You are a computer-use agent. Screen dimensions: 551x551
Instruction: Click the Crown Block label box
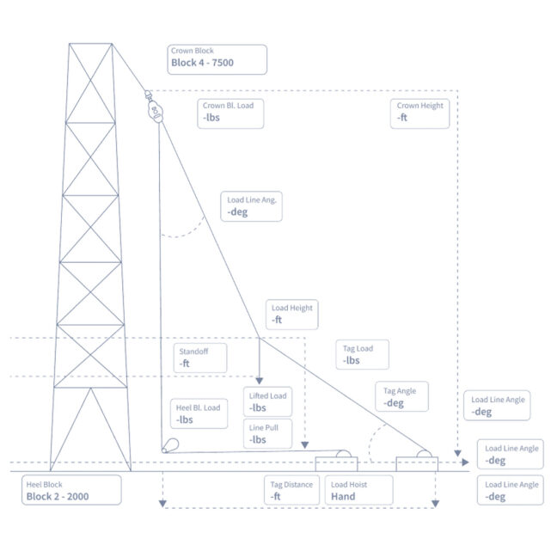pyautogui.click(x=218, y=58)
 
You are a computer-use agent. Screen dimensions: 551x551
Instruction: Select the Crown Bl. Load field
pyautogui.click(x=231, y=113)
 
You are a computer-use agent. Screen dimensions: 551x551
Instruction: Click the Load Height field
pyautogui.click(x=291, y=315)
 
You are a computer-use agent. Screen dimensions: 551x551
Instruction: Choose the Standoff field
pyautogui.click(x=200, y=358)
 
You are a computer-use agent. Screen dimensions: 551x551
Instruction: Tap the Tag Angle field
pyautogui.click(x=403, y=397)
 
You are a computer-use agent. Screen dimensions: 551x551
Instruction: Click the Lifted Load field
pyautogui.click(x=267, y=401)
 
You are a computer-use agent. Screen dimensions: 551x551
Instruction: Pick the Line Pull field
pyautogui.click(x=267, y=433)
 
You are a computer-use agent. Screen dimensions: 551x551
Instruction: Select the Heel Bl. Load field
pyautogui.click(x=199, y=413)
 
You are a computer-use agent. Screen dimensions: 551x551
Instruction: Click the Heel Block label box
pyautogui.click(x=71, y=490)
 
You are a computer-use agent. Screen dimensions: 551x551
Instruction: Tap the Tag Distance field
pyautogui.click(x=292, y=491)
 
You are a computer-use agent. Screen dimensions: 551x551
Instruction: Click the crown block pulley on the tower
pyautogui.click(x=155, y=109)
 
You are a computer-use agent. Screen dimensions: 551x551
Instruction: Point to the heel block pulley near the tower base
pyautogui.click(x=170, y=445)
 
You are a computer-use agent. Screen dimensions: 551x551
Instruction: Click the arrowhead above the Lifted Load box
pyautogui.click(x=260, y=380)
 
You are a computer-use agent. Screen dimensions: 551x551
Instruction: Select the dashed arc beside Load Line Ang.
pyautogui.click(x=190, y=230)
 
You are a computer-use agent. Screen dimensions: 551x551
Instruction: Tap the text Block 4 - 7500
pyautogui.click(x=202, y=64)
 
